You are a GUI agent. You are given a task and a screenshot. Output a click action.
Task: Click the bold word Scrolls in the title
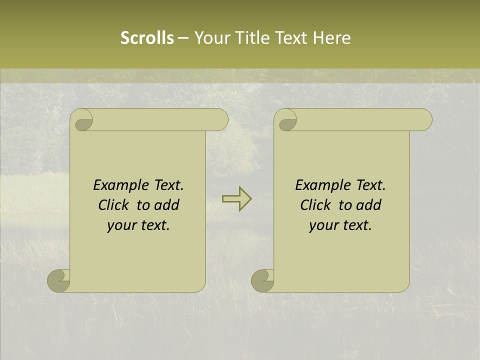click(147, 38)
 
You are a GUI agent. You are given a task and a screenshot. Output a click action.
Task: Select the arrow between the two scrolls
click(236, 199)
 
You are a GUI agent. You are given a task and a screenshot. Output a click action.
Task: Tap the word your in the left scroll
click(121, 225)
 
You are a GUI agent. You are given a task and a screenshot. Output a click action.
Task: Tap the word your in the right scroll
click(323, 225)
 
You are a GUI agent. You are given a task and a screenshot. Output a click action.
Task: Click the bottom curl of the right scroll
click(262, 280)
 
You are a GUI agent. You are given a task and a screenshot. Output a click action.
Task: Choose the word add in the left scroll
click(167, 205)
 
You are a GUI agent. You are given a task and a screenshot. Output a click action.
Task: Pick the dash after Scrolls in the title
click(183, 38)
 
